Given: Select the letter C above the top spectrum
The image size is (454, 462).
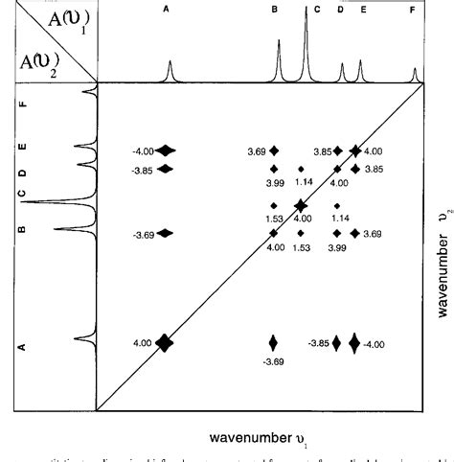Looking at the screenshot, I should click(x=317, y=10).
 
